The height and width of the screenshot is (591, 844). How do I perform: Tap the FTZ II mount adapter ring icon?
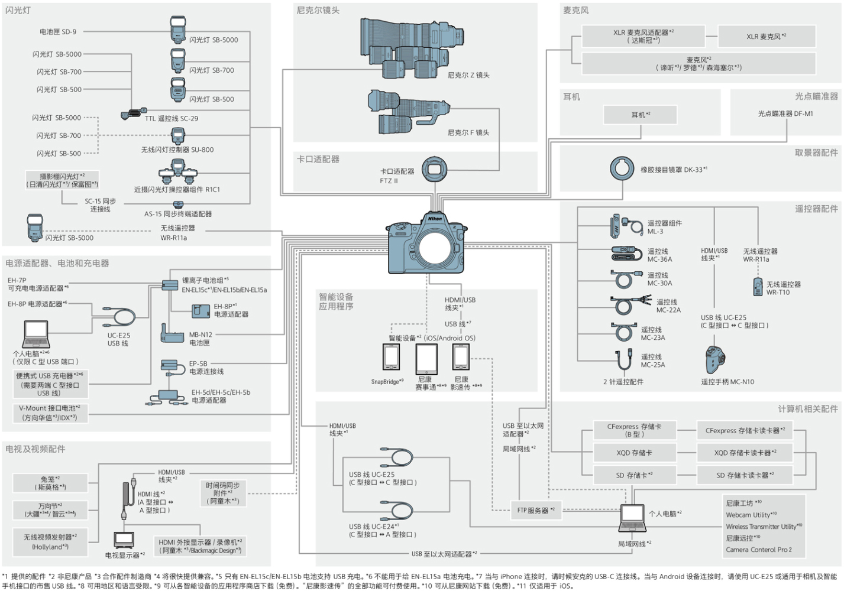pos(434,170)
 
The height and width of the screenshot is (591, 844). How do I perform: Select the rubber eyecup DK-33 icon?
pos(622,169)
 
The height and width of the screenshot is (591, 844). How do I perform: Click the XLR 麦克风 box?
pos(766,37)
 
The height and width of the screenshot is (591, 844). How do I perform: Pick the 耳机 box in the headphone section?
pos(640,115)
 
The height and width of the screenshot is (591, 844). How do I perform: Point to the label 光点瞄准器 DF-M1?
pos(785,113)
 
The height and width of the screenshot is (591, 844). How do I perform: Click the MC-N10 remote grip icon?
pos(714,359)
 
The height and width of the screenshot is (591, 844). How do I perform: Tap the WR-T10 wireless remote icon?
pos(758,287)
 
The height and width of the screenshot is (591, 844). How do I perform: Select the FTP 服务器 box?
pos(535,510)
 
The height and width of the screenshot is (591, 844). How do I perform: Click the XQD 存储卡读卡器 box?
pos(745,453)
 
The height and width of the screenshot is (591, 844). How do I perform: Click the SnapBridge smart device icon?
pos(391,357)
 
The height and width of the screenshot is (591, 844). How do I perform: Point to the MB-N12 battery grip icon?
pos(172,334)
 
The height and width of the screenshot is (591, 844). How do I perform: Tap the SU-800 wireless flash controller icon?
pos(177,136)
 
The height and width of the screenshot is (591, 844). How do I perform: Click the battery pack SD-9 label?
pos(58,32)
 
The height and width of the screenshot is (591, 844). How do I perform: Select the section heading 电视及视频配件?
pos(35,449)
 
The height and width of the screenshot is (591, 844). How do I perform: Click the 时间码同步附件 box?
pos(222,493)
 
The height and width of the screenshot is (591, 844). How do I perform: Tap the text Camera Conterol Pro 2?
pos(758,550)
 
